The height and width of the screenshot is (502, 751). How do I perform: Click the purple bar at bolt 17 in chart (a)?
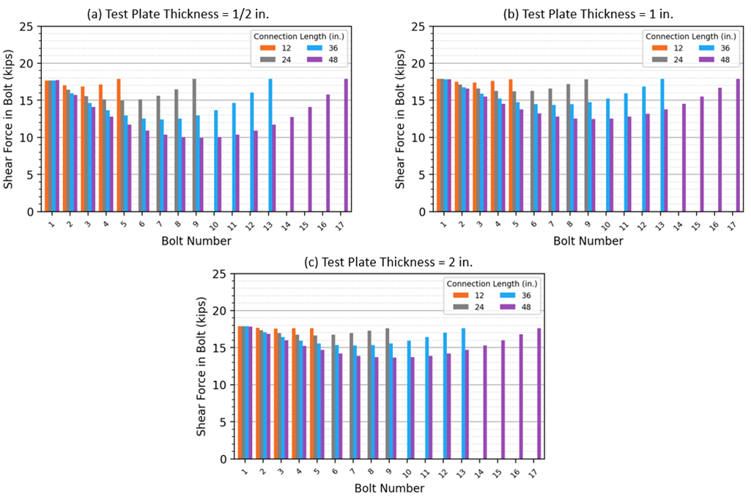click(347, 145)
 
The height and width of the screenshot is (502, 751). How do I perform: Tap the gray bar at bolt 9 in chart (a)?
click(194, 145)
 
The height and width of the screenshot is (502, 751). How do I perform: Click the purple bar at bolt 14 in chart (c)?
click(484, 402)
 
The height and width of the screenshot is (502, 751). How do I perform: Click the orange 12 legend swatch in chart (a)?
click(267, 48)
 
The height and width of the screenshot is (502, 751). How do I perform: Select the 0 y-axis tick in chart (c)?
click(223, 459)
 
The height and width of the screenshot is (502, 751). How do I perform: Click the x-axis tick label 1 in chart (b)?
click(444, 223)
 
